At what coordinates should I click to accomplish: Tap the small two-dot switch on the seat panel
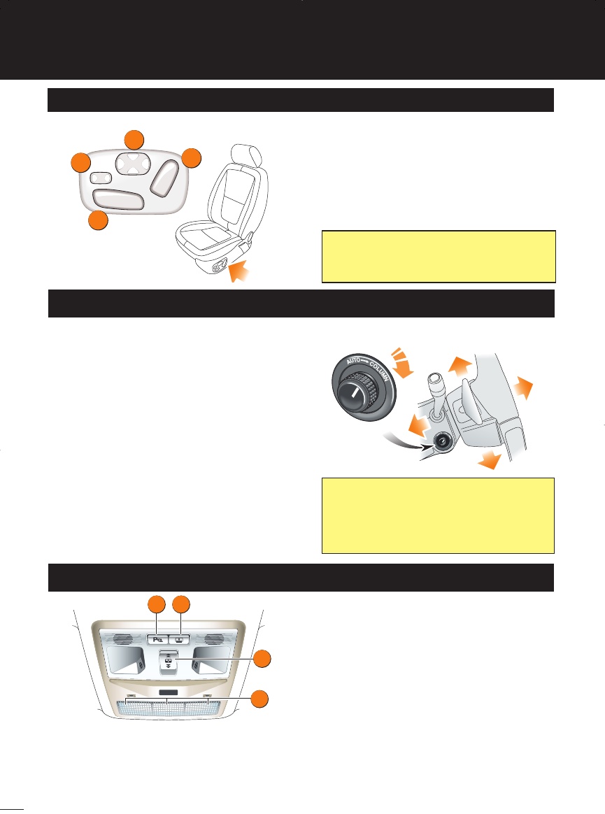pos(102,177)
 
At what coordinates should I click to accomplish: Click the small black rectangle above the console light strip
pos(167,694)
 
